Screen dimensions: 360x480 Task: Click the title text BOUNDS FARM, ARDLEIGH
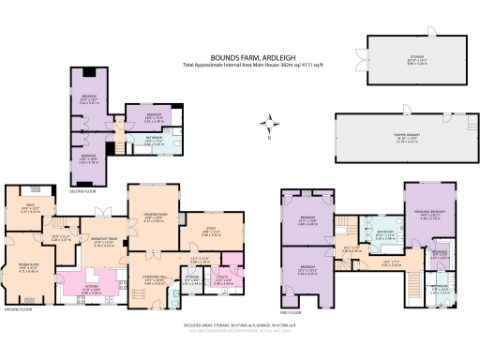tap(240, 55)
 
